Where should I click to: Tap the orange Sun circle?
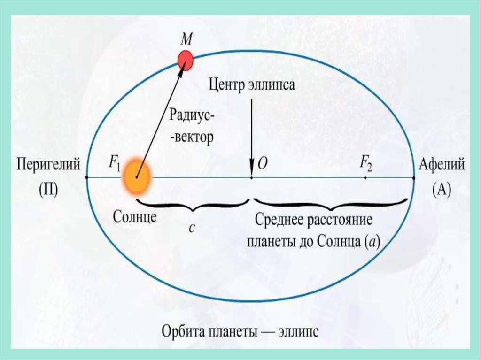[x=136, y=177]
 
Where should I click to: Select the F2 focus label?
[x=366, y=164]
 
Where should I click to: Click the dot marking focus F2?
[x=365, y=178]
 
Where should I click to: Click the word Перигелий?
[x=48, y=165]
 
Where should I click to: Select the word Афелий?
[x=442, y=165]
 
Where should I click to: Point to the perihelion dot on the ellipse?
[x=87, y=178]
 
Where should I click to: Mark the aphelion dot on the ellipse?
[x=414, y=178]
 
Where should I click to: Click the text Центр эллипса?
[x=252, y=86]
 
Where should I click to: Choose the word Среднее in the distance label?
[x=280, y=220]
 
